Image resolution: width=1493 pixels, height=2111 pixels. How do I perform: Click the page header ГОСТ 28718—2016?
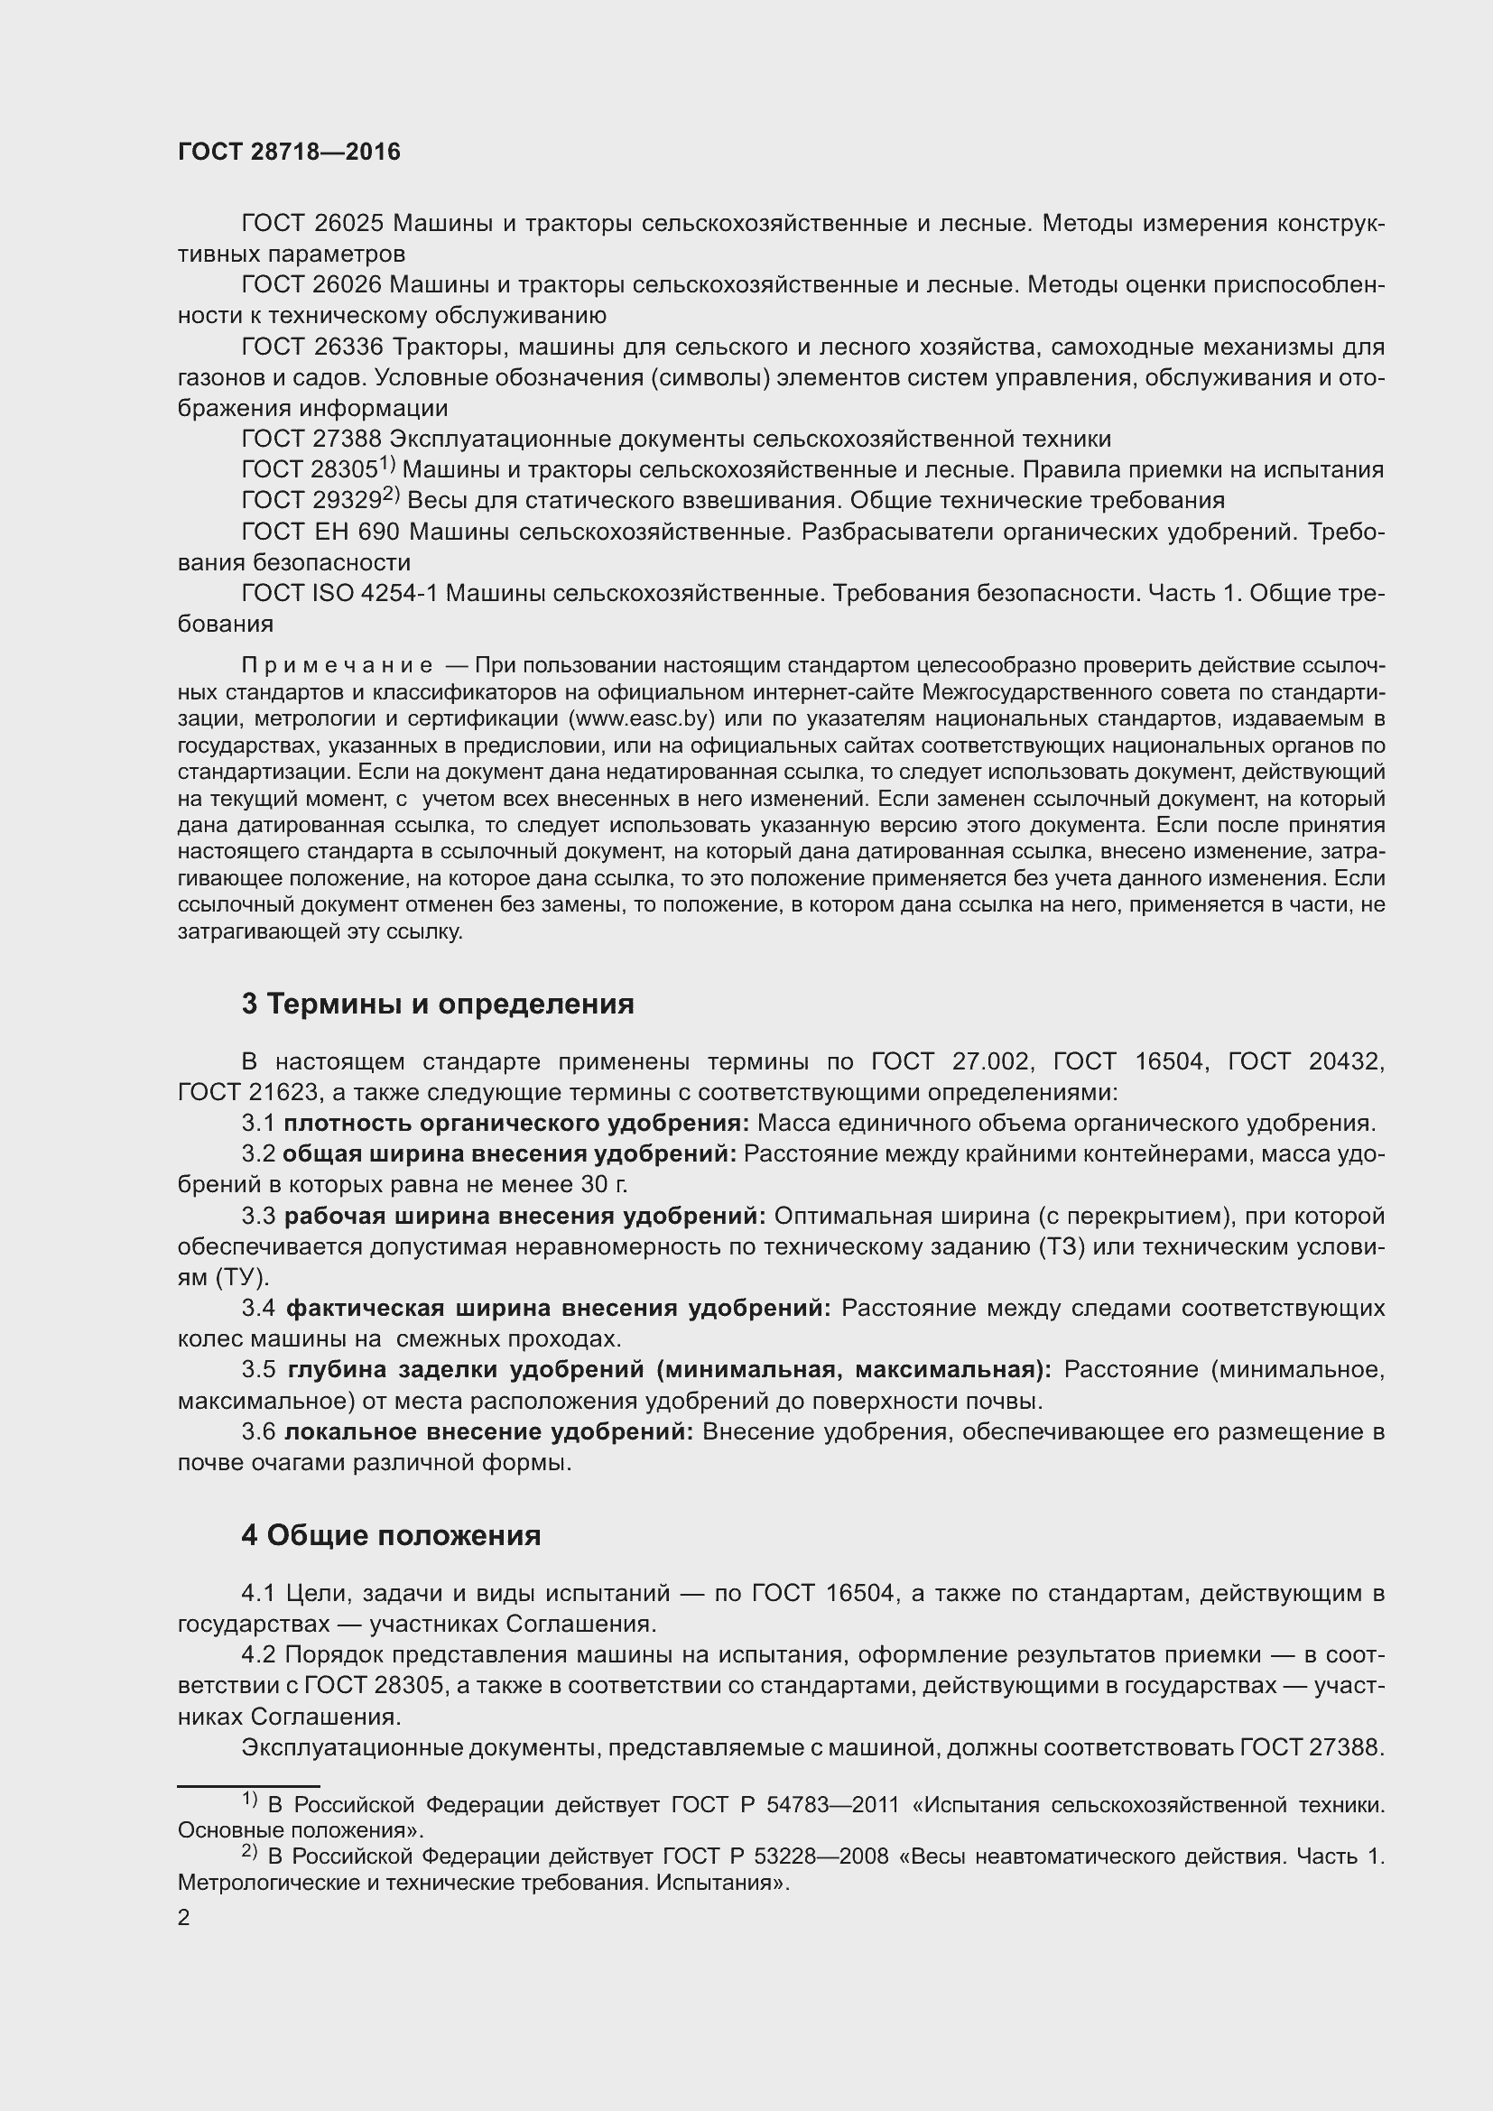pos(289,152)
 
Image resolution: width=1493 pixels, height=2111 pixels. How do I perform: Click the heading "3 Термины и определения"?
pos(438,1003)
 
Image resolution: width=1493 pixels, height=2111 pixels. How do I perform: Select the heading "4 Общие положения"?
pos(391,1534)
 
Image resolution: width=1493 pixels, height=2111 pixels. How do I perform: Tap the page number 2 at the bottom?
pos(184,1917)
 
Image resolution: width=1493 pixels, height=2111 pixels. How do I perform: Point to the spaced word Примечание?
pos(337,665)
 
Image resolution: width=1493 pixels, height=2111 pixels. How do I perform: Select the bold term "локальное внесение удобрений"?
pos(489,1431)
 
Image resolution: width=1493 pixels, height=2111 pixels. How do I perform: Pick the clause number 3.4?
pos(258,1308)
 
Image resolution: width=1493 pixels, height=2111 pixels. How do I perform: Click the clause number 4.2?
pos(258,1654)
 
